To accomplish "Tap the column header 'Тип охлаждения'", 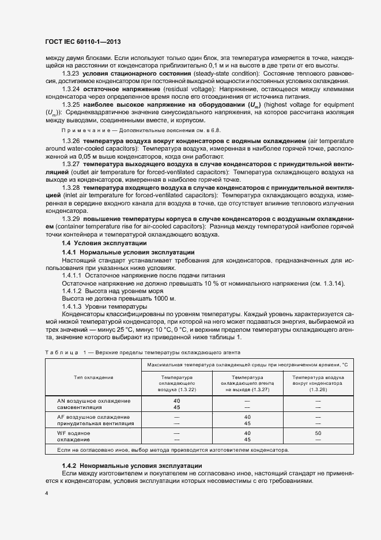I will coord(93,377).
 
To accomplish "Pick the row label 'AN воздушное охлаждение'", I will coord(93,400).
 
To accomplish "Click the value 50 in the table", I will coord(318,432).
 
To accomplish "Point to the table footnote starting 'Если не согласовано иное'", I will coord(174,449).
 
